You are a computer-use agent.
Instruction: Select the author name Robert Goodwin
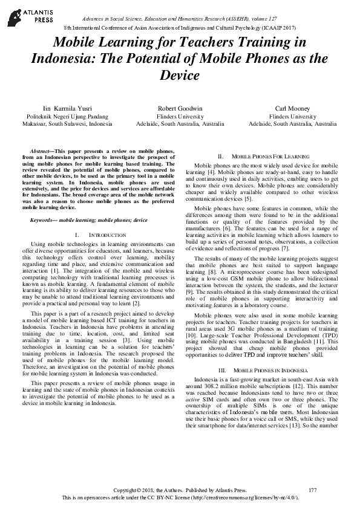pos(180,107)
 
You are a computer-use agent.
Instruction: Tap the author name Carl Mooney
pos(293,107)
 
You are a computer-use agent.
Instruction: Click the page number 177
pos(312,489)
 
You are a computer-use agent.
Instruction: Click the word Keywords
pos(42,219)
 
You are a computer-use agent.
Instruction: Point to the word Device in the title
pos(180,76)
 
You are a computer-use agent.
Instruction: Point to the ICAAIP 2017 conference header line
pos(180,28)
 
